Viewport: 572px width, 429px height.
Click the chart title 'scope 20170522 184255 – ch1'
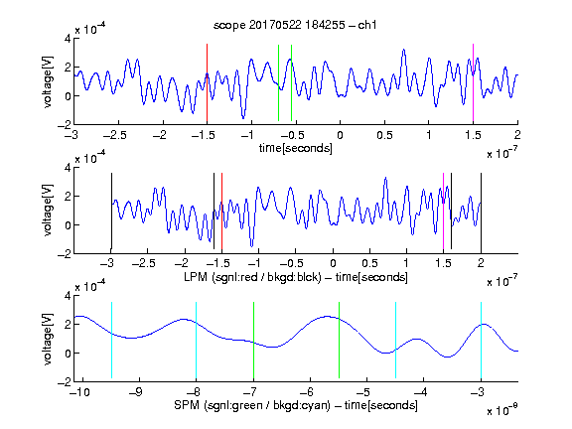tap(295, 25)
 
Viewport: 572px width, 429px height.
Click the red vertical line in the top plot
tap(207, 82)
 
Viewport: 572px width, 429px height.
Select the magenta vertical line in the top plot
tap(473, 82)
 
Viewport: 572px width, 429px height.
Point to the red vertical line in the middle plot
tap(221, 212)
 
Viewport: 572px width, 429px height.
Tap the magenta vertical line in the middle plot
tap(443, 212)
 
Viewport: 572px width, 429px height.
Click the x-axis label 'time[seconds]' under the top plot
tap(296, 148)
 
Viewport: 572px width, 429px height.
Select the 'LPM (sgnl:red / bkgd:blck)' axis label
tap(252, 277)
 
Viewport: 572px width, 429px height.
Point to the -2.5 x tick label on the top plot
tap(114, 136)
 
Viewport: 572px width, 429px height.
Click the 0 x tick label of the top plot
tap(340, 136)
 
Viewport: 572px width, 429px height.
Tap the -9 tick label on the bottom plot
tap(136, 392)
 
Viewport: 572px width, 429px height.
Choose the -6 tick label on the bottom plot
tap(310, 392)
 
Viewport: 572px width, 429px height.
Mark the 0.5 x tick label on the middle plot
tap(369, 263)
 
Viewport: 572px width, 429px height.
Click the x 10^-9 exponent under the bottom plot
tap(501, 410)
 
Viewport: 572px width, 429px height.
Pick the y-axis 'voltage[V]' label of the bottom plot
tap(48, 339)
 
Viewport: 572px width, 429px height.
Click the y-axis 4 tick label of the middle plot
tap(68, 168)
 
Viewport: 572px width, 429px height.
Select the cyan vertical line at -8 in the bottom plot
tap(197, 341)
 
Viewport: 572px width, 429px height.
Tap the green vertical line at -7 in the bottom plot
tap(253, 341)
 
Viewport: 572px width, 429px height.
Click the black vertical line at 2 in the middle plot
tap(481, 212)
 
